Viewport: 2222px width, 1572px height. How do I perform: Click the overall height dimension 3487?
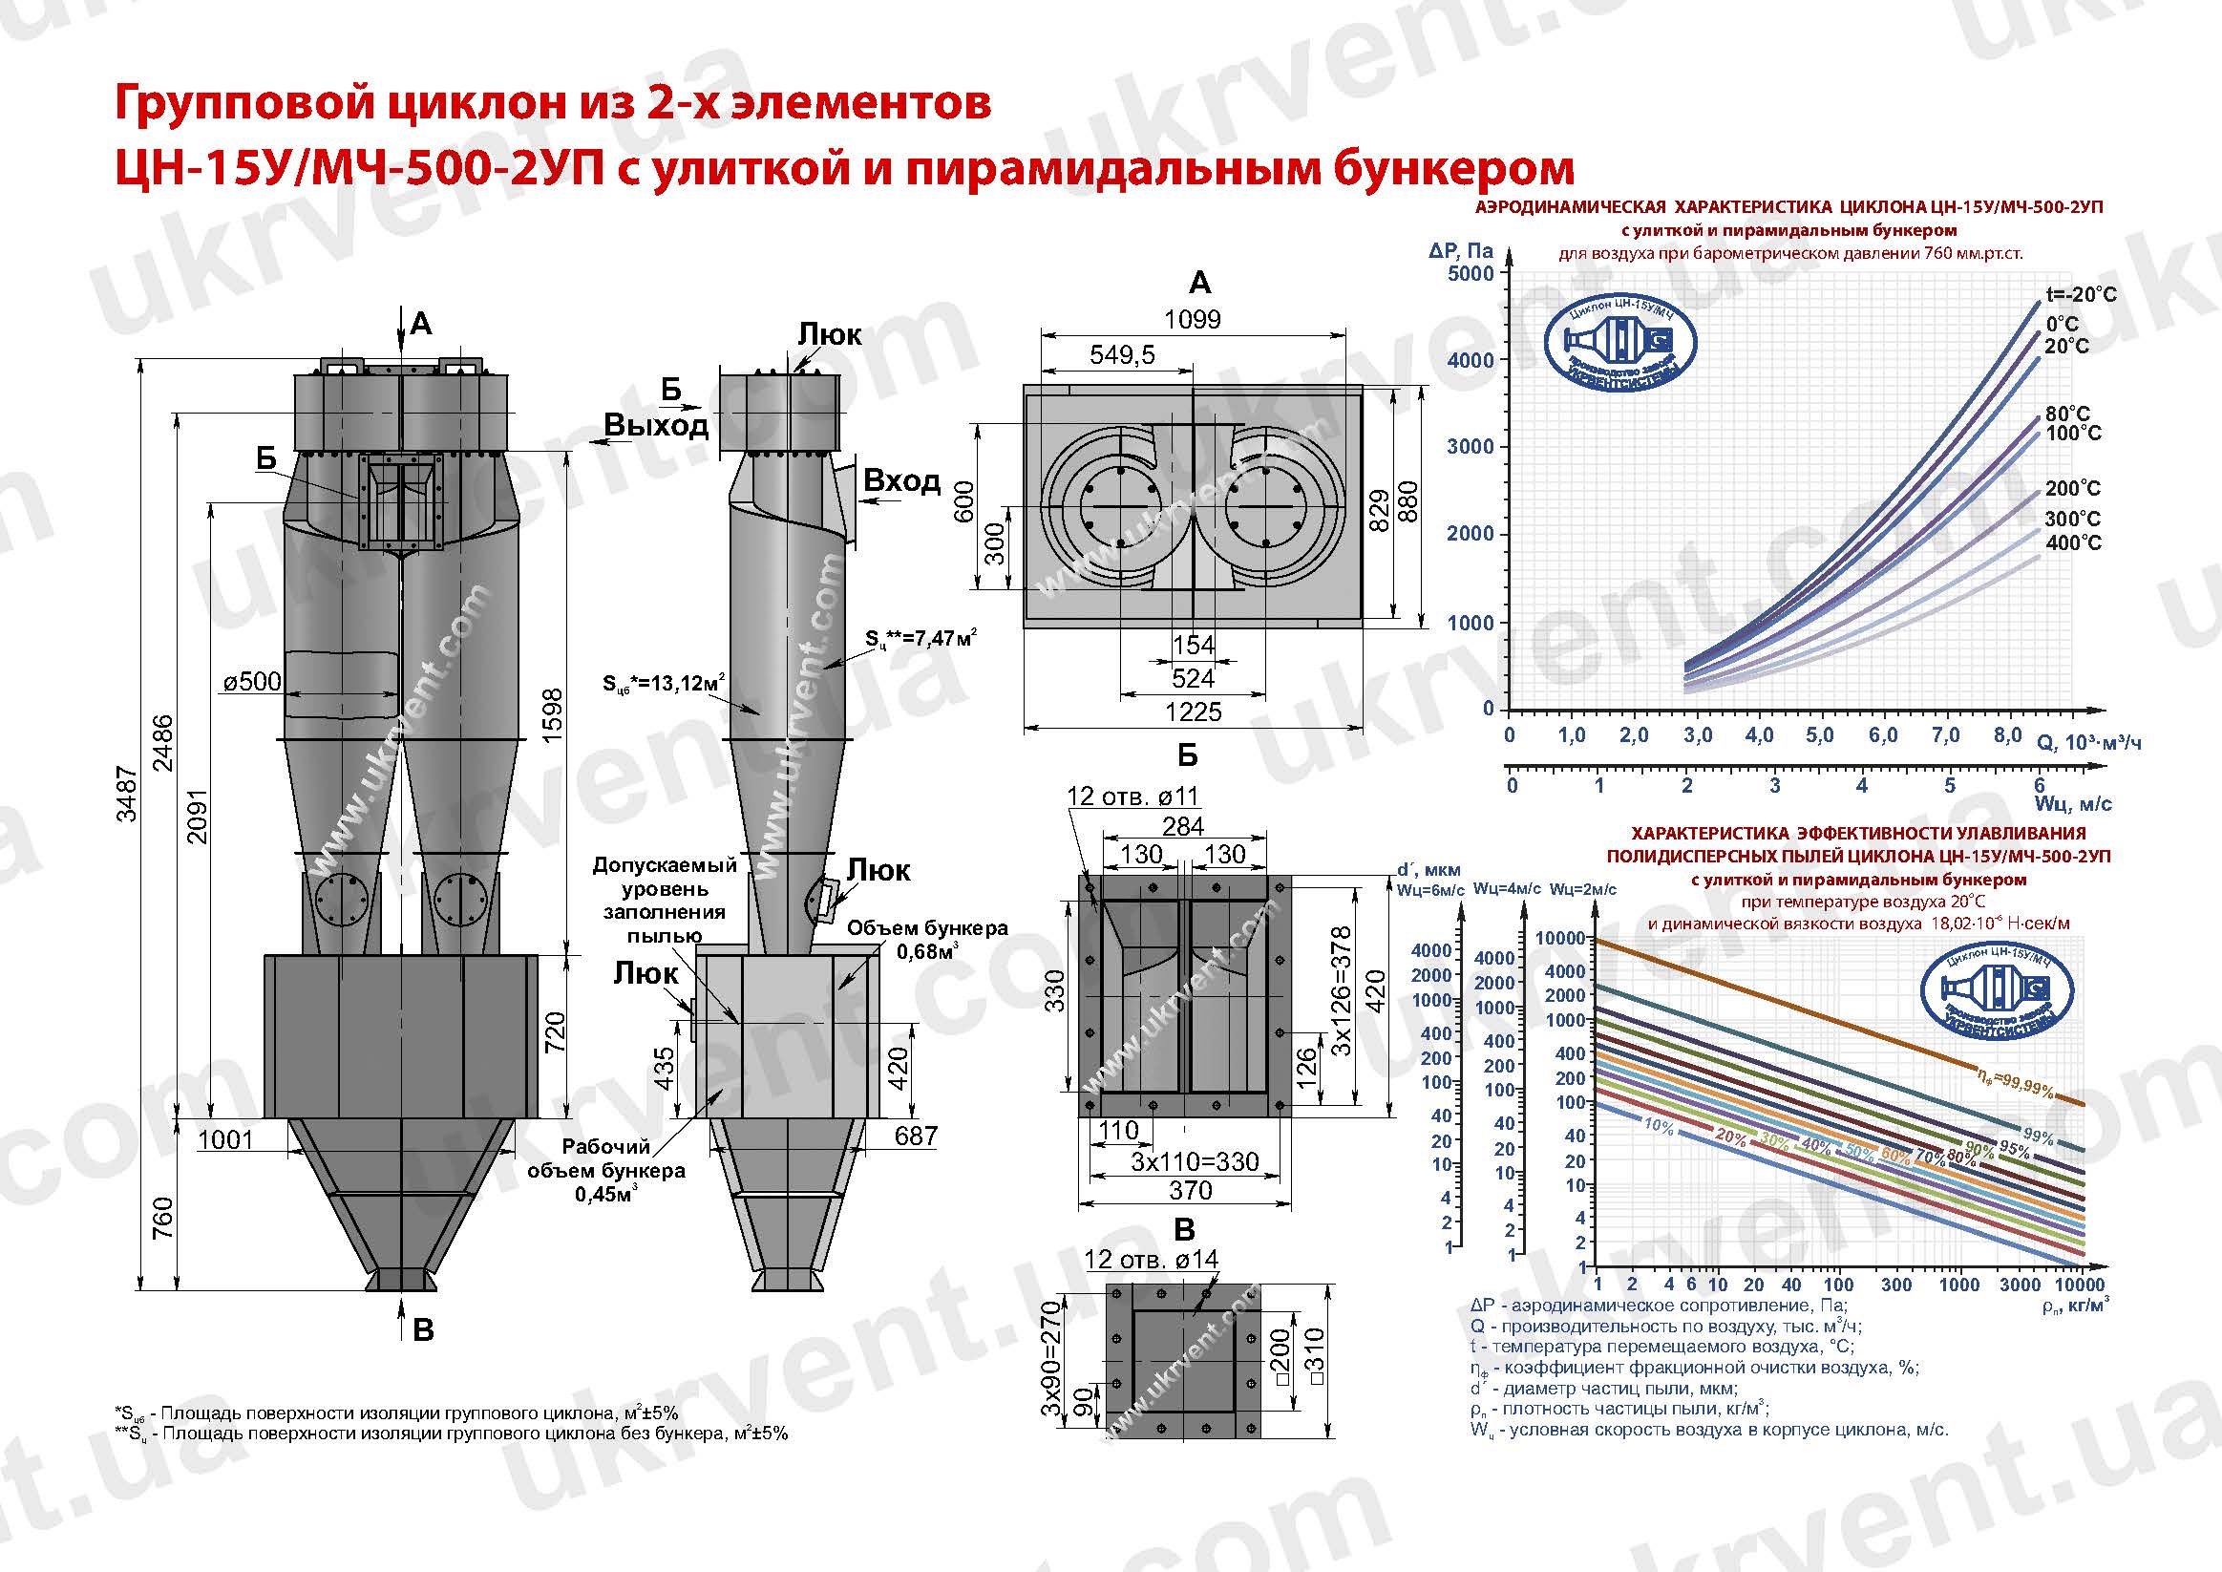(127, 793)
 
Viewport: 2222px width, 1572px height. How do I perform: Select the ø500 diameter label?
(253, 682)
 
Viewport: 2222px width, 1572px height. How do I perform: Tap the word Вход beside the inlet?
(901, 480)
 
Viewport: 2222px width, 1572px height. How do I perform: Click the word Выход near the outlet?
(656, 425)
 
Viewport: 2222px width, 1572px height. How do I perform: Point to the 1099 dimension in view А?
(1193, 319)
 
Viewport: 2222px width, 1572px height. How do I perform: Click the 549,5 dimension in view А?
(1122, 354)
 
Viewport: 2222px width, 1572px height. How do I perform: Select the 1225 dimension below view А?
(1194, 712)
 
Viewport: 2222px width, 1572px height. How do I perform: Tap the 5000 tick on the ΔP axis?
(1471, 274)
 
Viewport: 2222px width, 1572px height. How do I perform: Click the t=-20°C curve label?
(2081, 294)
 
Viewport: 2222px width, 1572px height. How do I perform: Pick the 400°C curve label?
(2074, 543)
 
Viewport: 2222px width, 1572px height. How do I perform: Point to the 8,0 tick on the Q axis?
(2008, 734)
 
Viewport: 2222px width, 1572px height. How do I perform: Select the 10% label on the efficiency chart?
(1658, 1126)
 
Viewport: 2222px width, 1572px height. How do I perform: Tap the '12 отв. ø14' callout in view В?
(1152, 1260)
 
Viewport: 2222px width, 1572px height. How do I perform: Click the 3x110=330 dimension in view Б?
(1195, 1161)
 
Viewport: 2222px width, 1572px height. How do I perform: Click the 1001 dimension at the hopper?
(224, 1139)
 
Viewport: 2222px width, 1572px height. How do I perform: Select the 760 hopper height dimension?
(162, 1218)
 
